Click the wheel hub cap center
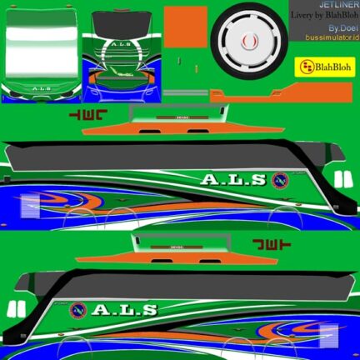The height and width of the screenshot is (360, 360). [247, 39]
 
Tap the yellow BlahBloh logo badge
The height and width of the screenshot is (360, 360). [320, 67]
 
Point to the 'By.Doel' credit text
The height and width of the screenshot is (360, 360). [341, 27]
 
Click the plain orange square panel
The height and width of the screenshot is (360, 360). [185, 27]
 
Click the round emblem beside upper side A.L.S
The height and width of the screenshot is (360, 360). [281, 178]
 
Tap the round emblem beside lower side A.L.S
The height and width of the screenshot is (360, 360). [79, 310]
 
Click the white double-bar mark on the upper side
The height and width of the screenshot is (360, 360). [341, 179]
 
